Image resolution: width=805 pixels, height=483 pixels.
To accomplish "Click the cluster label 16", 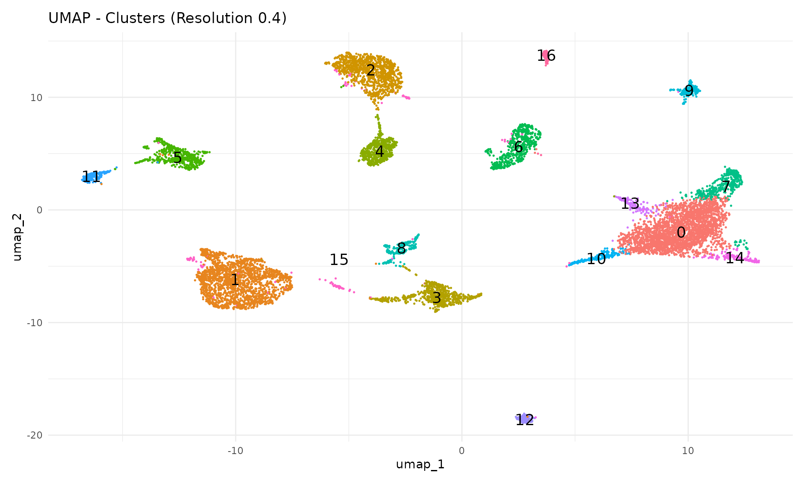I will pyautogui.click(x=546, y=56).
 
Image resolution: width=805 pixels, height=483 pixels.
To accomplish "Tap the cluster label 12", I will pyautogui.click(x=525, y=420).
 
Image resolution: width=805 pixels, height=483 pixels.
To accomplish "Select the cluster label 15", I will pyautogui.click(x=339, y=260).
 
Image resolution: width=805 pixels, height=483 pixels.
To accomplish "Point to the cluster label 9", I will pyautogui.click(x=689, y=91).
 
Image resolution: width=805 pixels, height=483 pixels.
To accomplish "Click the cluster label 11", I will pyautogui.click(x=91, y=177).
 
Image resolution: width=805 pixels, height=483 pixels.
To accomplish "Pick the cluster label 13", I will pyautogui.click(x=630, y=204).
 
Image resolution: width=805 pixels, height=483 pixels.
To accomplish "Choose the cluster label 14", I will pyautogui.click(x=735, y=258).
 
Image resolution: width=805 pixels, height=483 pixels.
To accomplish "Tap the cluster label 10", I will pyautogui.click(x=596, y=259).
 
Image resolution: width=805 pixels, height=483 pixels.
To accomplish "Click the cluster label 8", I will pyautogui.click(x=401, y=249).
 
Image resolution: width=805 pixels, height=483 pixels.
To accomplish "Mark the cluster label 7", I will pyautogui.click(x=726, y=187).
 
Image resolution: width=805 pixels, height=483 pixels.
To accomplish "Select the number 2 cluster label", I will pyautogui.click(x=371, y=70).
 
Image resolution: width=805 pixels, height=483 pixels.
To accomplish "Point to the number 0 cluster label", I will pyautogui.click(x=681, y=233).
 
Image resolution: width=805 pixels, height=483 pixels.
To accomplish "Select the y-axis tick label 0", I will pyautogui.click(x=39, y=210).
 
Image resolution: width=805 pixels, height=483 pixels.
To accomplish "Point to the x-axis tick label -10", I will pyautogui.click(x=235, y=451).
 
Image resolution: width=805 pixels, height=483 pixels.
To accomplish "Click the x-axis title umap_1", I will pyautogui.click(x=420, y=465).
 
